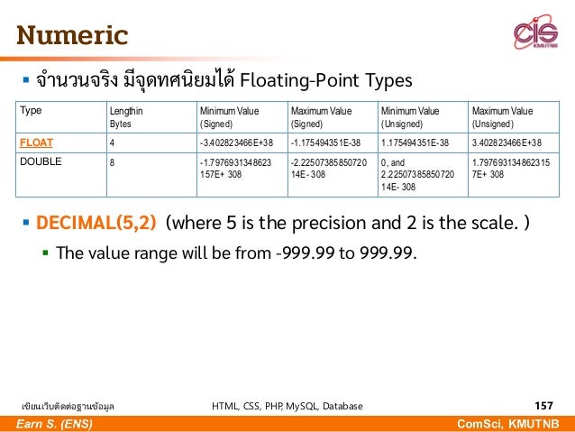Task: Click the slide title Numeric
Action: tap(71, 37)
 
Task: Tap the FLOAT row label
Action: tap(38, 142)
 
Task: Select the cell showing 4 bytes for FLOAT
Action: tap(113, 142)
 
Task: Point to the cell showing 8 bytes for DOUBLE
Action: tap(113, 163)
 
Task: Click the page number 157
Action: tap(544, 406)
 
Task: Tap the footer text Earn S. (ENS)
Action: tap(55, 424)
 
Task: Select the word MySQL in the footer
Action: tap(296, 406)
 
